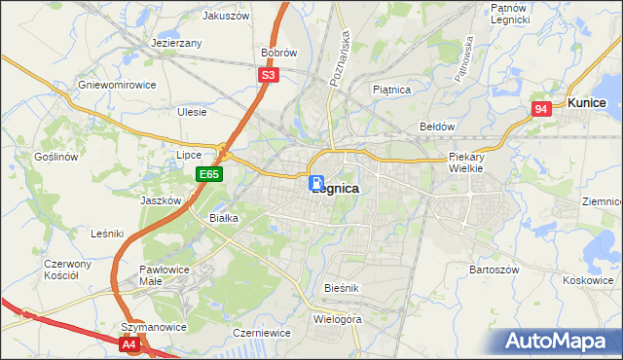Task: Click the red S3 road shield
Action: point(270,74)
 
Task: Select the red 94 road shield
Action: point(541,110)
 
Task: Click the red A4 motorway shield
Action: point(130,343)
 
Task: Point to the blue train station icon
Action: point(317,183)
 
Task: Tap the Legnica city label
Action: point(337,189)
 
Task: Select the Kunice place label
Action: point(587,102)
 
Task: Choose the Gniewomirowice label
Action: point(118,85)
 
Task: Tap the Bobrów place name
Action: point(278,53)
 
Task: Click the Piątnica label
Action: point(392,90)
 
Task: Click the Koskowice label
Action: point(588,279)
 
